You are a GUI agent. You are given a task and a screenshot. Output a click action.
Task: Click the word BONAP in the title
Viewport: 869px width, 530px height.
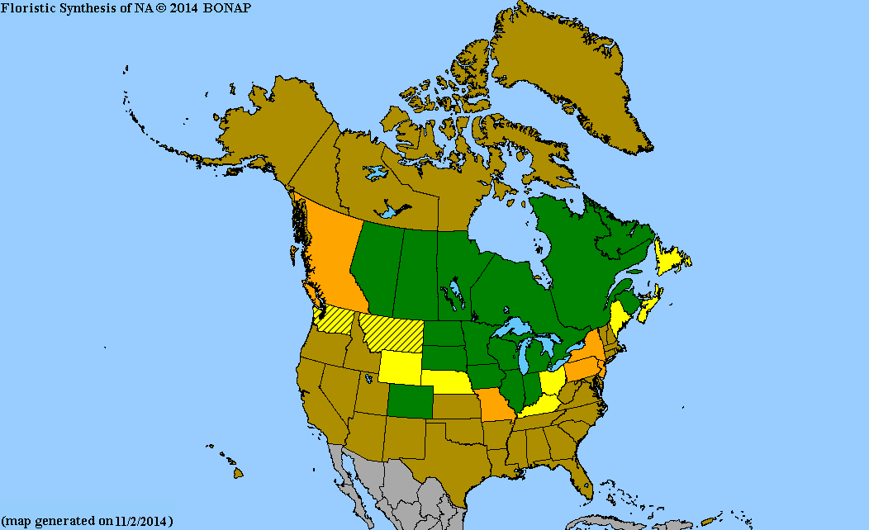(228, 7)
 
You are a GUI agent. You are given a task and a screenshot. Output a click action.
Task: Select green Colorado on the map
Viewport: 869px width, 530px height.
(413, 401)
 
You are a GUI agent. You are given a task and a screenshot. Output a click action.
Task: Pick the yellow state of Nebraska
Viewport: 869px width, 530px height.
(446, 381)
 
